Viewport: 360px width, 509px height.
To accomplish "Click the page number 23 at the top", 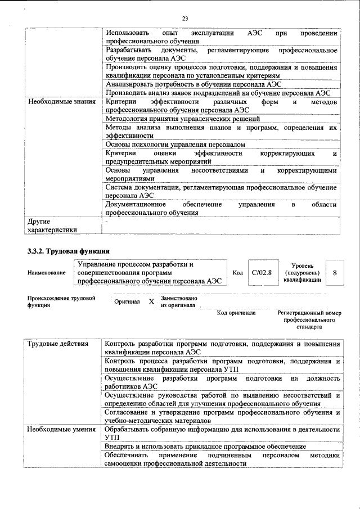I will tap(184, 19).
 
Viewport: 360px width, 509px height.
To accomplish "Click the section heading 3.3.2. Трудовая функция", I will tap(68, 250).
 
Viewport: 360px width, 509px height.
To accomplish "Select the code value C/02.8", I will tap(262, 272).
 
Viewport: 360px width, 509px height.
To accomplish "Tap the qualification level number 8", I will tap(335, 272).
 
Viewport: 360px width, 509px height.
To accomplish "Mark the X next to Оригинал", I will tap(151, 301).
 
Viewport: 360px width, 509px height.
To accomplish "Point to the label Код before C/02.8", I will tap(237, 273).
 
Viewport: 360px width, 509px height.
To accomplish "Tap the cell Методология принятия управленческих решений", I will tap(182, 119).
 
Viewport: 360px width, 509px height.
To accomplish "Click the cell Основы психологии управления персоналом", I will tap(175, 145).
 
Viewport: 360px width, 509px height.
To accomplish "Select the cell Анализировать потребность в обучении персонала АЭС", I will tap(186, 84).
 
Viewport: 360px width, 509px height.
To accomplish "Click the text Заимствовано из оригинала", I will tap(179, 301).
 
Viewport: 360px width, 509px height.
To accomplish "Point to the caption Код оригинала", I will tap(236, 312).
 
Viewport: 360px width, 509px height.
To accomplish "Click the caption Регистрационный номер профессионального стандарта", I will tap(309, 319).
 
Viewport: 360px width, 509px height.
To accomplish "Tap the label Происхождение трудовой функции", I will tap(61, 301).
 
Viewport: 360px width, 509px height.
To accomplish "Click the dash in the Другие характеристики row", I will tap(106, 222).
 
